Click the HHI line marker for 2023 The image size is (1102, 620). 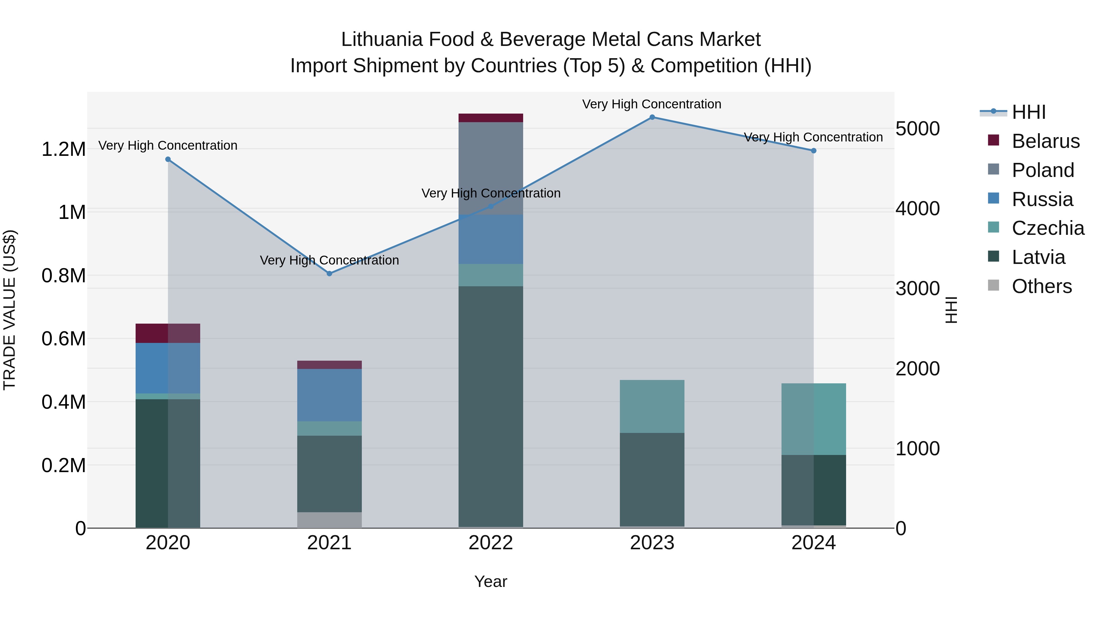point(652,117)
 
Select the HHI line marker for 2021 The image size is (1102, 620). point(329,273)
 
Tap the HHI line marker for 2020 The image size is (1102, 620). point(168,160)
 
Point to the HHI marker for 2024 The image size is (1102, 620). point(814,151)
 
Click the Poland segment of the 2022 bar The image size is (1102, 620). point(491,168)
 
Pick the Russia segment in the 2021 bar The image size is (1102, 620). point(329,395)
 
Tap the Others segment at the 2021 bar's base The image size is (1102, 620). point(329,520)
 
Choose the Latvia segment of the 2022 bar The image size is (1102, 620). point(491,407)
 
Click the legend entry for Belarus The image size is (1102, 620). point(1046,141)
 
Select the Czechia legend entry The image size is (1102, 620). point(1048,228)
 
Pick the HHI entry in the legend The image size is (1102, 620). point(1029,112)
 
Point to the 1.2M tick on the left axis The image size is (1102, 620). point(63,149)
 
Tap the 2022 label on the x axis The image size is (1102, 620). point(491,543)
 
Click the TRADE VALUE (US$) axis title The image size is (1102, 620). point(9,310)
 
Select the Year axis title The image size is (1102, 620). point(491,581)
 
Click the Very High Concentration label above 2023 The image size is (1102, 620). point(651,104)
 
